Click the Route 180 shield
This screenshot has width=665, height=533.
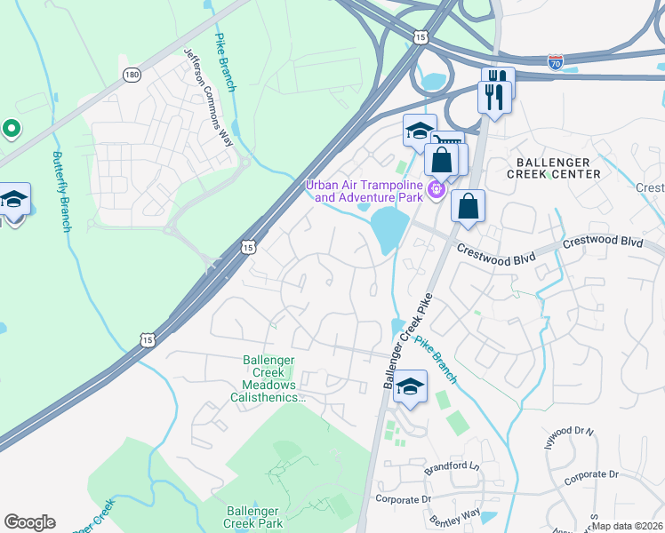[x=132, y=75]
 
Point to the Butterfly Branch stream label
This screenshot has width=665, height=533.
[x=60, y=191]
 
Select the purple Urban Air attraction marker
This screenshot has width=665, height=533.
[x=436, y=188]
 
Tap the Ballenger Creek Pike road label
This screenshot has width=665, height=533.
[x=411, y=338]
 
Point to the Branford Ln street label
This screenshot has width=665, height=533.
[x=452, y=465]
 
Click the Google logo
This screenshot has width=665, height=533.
[x=29, y=522]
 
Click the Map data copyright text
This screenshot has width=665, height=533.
[x=627, y=526]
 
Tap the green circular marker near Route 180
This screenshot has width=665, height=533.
[x=11, y=129]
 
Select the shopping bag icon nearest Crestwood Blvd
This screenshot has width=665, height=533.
[x=468, y=207]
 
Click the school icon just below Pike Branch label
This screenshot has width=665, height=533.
[x=410, y=386]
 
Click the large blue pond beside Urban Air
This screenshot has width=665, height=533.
[x=389, y=229]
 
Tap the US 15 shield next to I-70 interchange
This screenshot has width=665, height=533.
[x=421, y=36]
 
